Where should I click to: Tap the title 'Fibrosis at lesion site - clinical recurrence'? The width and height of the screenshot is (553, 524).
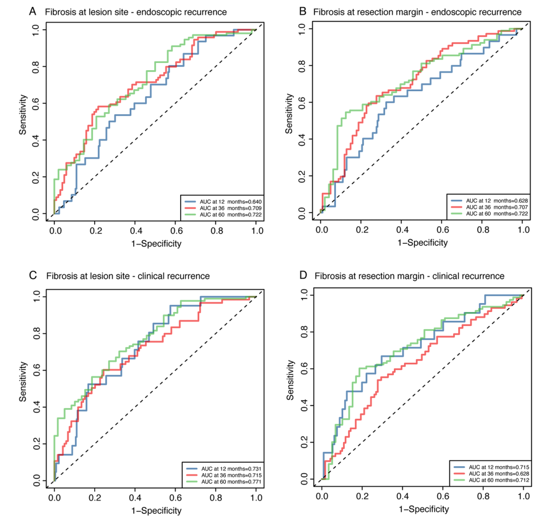pyautogui.click(x=128, y=276)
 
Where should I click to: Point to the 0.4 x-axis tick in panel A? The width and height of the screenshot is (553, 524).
pyautogui.click(x=135, y=231)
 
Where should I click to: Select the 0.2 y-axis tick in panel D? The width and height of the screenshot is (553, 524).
pyautogui.click(x=305, y=443)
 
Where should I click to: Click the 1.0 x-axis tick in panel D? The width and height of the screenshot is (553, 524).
pyautogui.click(x=523, y=497)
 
